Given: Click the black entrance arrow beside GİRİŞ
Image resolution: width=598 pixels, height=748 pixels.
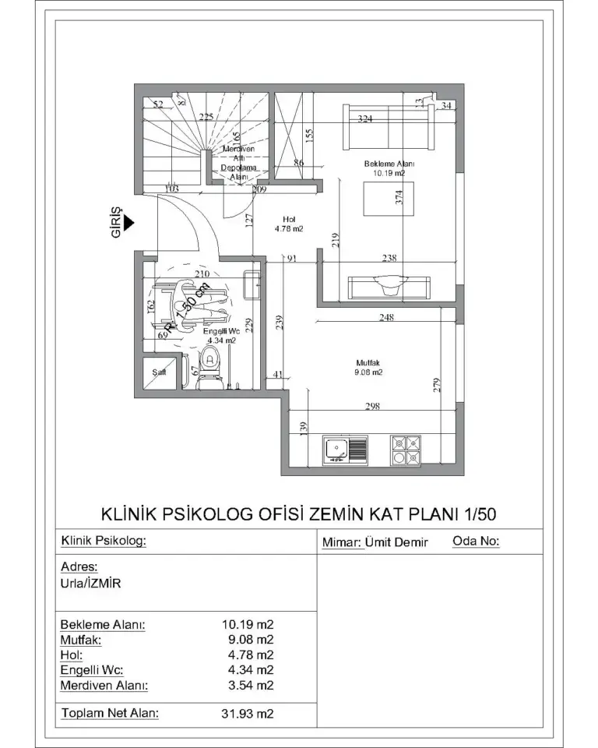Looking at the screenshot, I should (129, 223).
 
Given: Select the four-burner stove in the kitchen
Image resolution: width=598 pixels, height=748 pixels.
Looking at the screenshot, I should (406, 450).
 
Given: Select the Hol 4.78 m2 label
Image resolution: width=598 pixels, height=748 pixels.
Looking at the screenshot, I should (288, 224).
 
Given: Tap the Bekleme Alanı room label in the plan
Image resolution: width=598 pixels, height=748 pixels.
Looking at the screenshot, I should (389, 169).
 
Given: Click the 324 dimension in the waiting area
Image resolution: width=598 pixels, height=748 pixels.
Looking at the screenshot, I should (364, 119).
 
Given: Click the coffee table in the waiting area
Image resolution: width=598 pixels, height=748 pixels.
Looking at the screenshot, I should (387, 198).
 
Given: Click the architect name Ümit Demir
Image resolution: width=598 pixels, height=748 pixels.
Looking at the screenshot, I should (397, 542).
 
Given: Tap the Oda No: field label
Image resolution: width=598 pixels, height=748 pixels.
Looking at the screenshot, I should (476, 541).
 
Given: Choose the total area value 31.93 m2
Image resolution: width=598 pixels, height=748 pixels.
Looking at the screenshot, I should (248, 713).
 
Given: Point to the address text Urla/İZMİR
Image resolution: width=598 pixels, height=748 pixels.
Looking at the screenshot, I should (90, 583).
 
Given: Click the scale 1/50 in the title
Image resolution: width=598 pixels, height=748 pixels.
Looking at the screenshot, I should (480, 513).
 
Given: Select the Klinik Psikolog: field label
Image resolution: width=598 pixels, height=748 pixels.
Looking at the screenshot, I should (104, 541).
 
